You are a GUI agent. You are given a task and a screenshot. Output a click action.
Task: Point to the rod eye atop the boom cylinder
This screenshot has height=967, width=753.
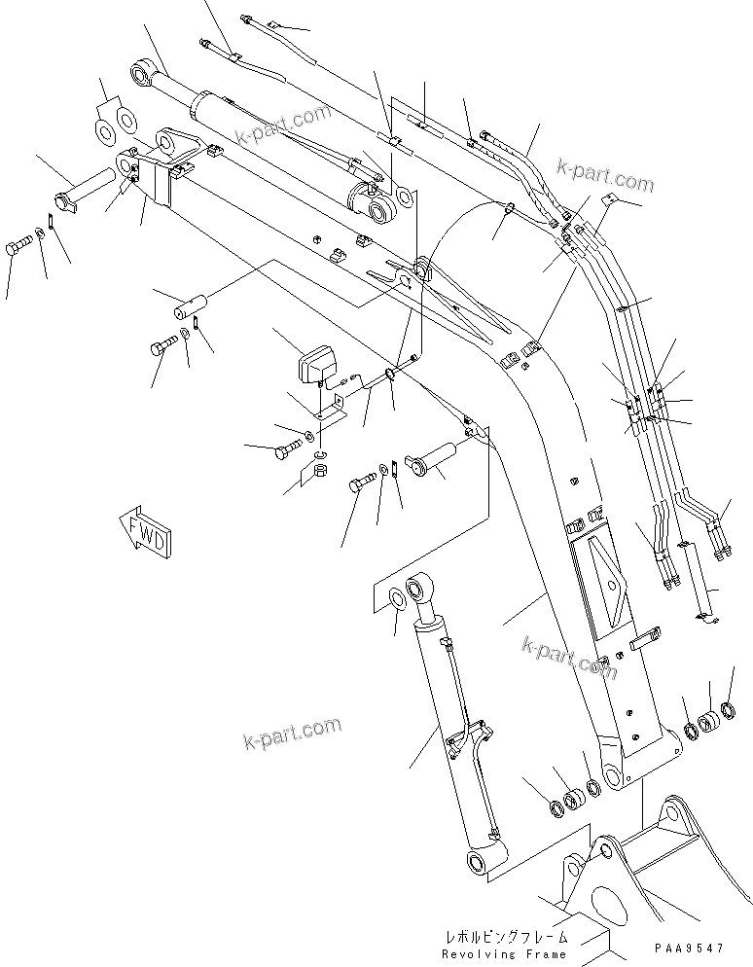point(418,588)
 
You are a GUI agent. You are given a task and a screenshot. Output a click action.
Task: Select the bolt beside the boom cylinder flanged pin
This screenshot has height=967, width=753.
point(362,481)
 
